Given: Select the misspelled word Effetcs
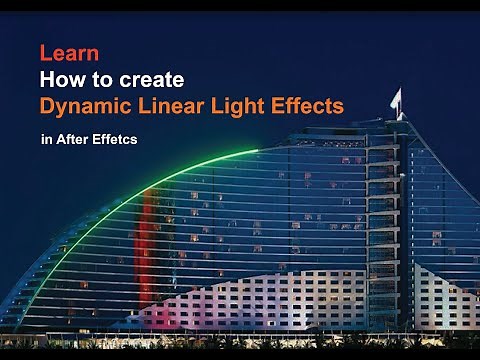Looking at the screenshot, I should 115,140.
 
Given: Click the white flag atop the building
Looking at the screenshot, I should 396,98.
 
